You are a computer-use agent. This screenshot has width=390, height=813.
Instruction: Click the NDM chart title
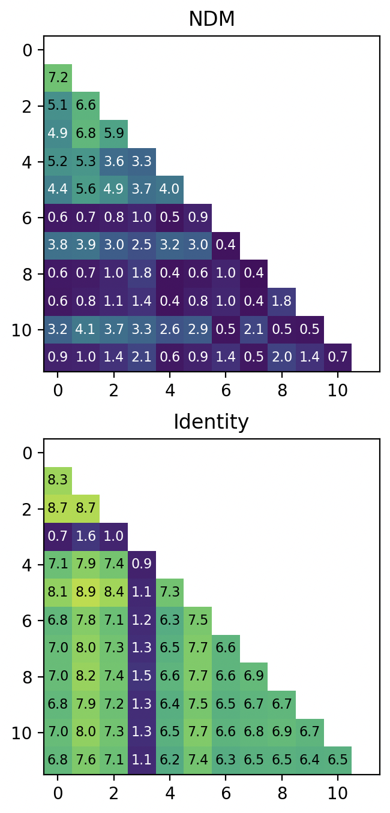tap(211, 19)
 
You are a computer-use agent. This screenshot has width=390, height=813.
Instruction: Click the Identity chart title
tap(211, 422)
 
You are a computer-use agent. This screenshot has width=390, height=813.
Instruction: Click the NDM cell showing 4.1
tap(86, 330)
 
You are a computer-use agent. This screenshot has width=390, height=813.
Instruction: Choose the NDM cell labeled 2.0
tap(281, 358)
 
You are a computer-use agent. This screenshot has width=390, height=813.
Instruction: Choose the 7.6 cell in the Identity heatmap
tap(86, 761)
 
